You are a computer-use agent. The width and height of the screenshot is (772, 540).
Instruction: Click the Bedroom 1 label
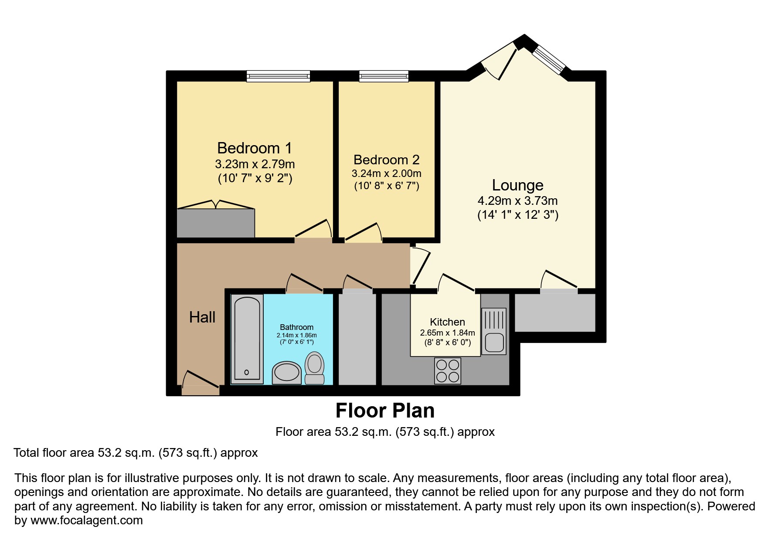255,148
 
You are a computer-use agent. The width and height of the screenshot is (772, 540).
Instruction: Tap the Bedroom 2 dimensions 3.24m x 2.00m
386,173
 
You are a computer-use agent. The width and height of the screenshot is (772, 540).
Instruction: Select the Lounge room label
517,185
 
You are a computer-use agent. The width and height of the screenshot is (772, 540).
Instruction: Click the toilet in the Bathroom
314,368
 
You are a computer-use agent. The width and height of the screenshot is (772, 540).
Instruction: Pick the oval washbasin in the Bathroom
286,373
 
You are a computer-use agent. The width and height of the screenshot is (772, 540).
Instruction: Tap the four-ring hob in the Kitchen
448,370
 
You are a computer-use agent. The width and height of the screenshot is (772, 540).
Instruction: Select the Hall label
202,317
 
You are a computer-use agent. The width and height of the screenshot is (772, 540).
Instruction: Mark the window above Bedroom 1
278,77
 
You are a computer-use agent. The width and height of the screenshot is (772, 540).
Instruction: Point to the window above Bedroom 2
384,77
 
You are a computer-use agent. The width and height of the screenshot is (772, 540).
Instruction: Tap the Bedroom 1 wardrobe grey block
215,223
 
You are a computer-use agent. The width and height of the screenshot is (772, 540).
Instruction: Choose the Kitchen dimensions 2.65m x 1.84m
447,333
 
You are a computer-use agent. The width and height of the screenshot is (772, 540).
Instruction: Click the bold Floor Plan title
385,411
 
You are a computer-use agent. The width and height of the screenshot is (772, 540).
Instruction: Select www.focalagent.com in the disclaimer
86,520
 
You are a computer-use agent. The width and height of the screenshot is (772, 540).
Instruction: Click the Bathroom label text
296,327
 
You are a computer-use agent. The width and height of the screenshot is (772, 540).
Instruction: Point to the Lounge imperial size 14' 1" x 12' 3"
517,215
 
